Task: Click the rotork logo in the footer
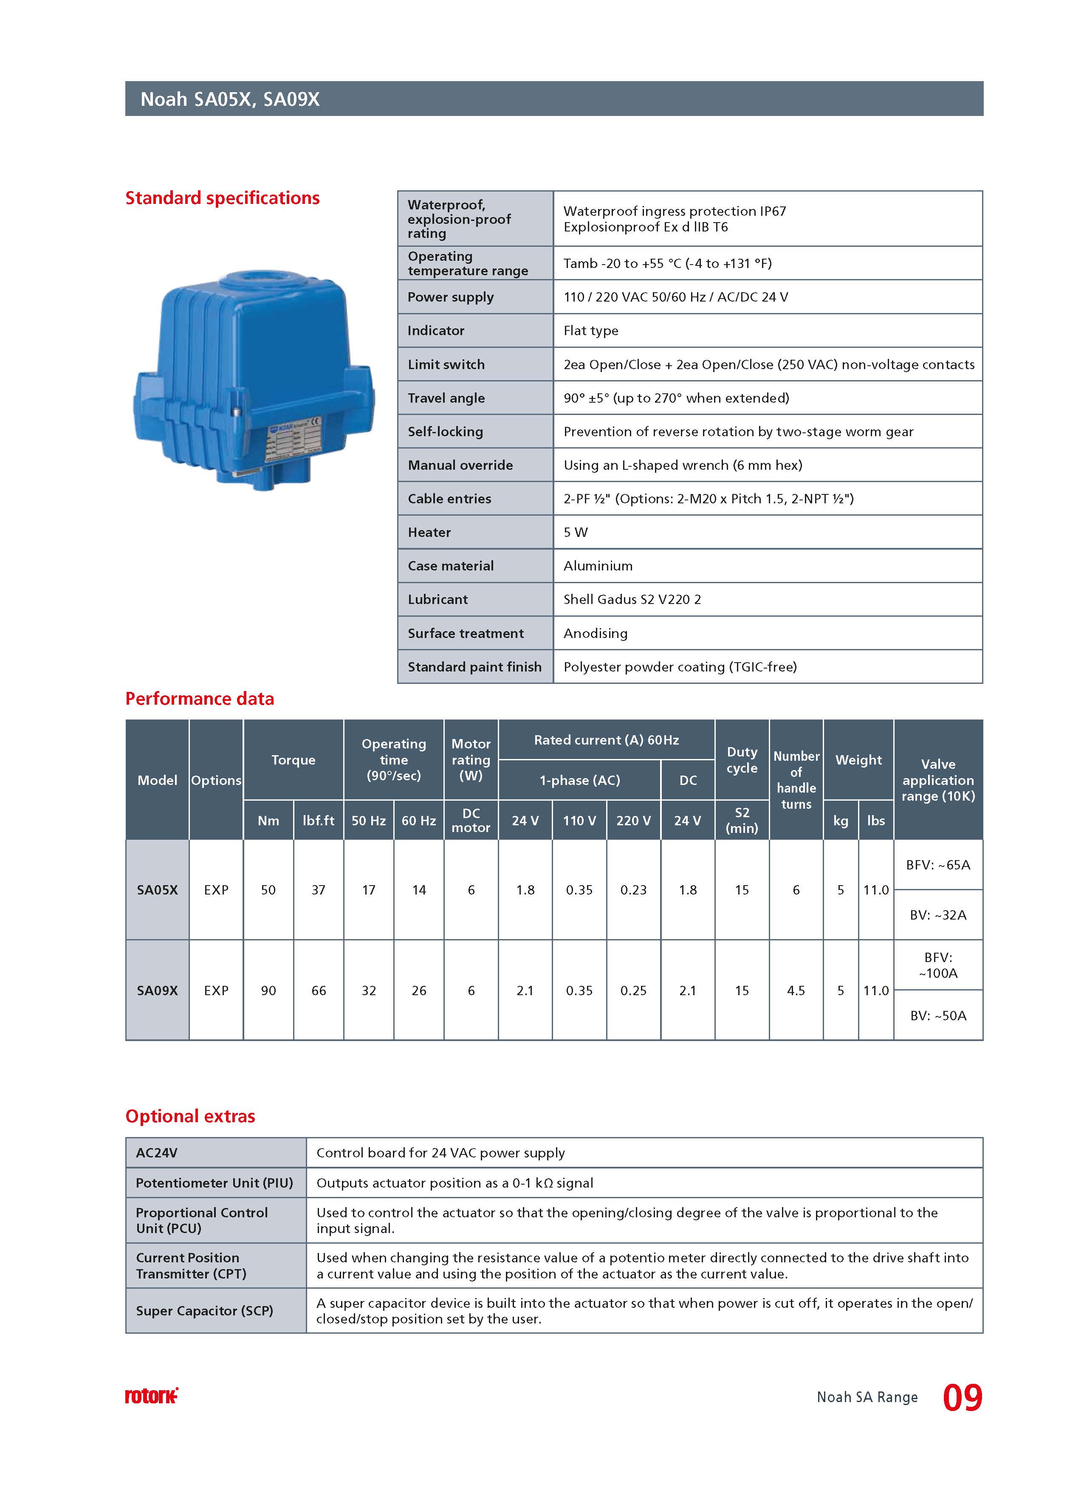pos(151,1396)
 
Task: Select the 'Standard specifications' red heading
pos(222,198)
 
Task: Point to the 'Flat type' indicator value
pos(590,330)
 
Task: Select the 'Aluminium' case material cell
pos(598,566)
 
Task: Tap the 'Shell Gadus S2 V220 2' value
pos(632,599)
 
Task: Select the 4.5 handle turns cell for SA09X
pos(796,990)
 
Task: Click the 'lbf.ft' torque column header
pos(319,821)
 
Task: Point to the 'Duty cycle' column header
pos(742,760)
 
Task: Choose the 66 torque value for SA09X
pos(319,990)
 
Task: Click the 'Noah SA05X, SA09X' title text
pos(230,99)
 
